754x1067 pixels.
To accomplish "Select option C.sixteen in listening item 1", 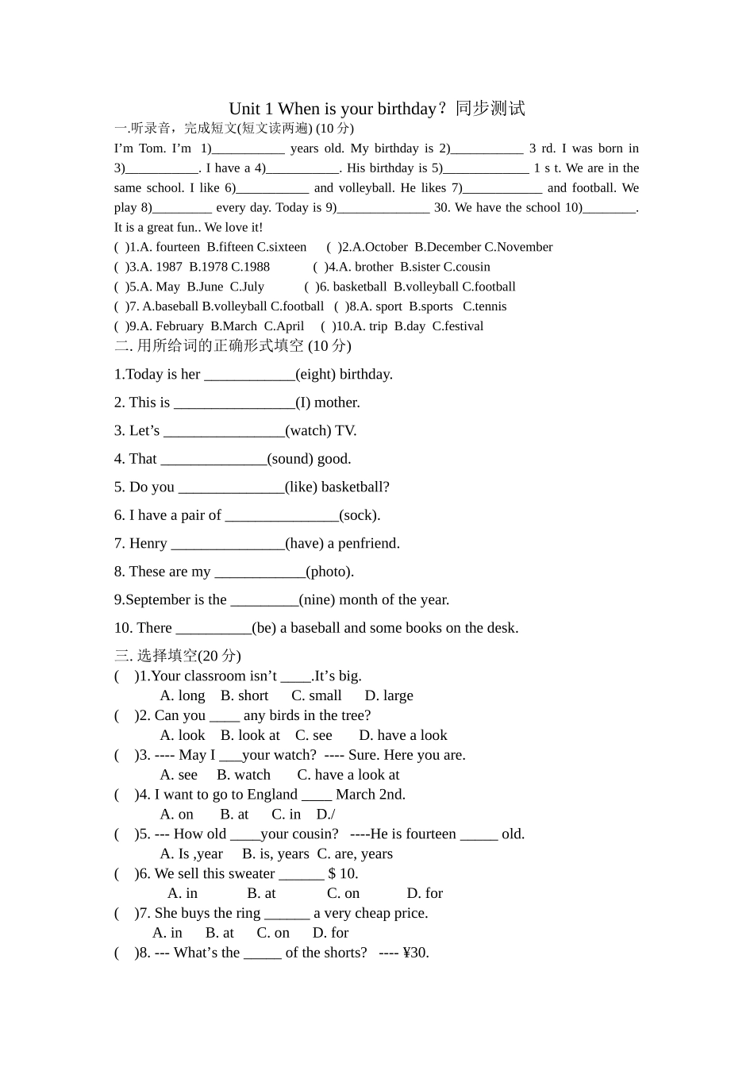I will [282, 247].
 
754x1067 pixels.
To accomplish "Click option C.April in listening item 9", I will [284, 326].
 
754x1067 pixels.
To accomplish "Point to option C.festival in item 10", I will [458, 326].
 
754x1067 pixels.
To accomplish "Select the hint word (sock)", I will [360, 515].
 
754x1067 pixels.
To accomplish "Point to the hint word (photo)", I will [329, 572].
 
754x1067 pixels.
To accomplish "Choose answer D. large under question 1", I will [389, 696].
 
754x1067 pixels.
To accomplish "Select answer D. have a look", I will [403, 736].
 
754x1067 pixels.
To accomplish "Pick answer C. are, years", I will [355, 854].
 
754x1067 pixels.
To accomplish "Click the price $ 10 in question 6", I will [343, 874].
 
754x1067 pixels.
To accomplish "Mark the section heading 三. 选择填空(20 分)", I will [178, 656].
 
